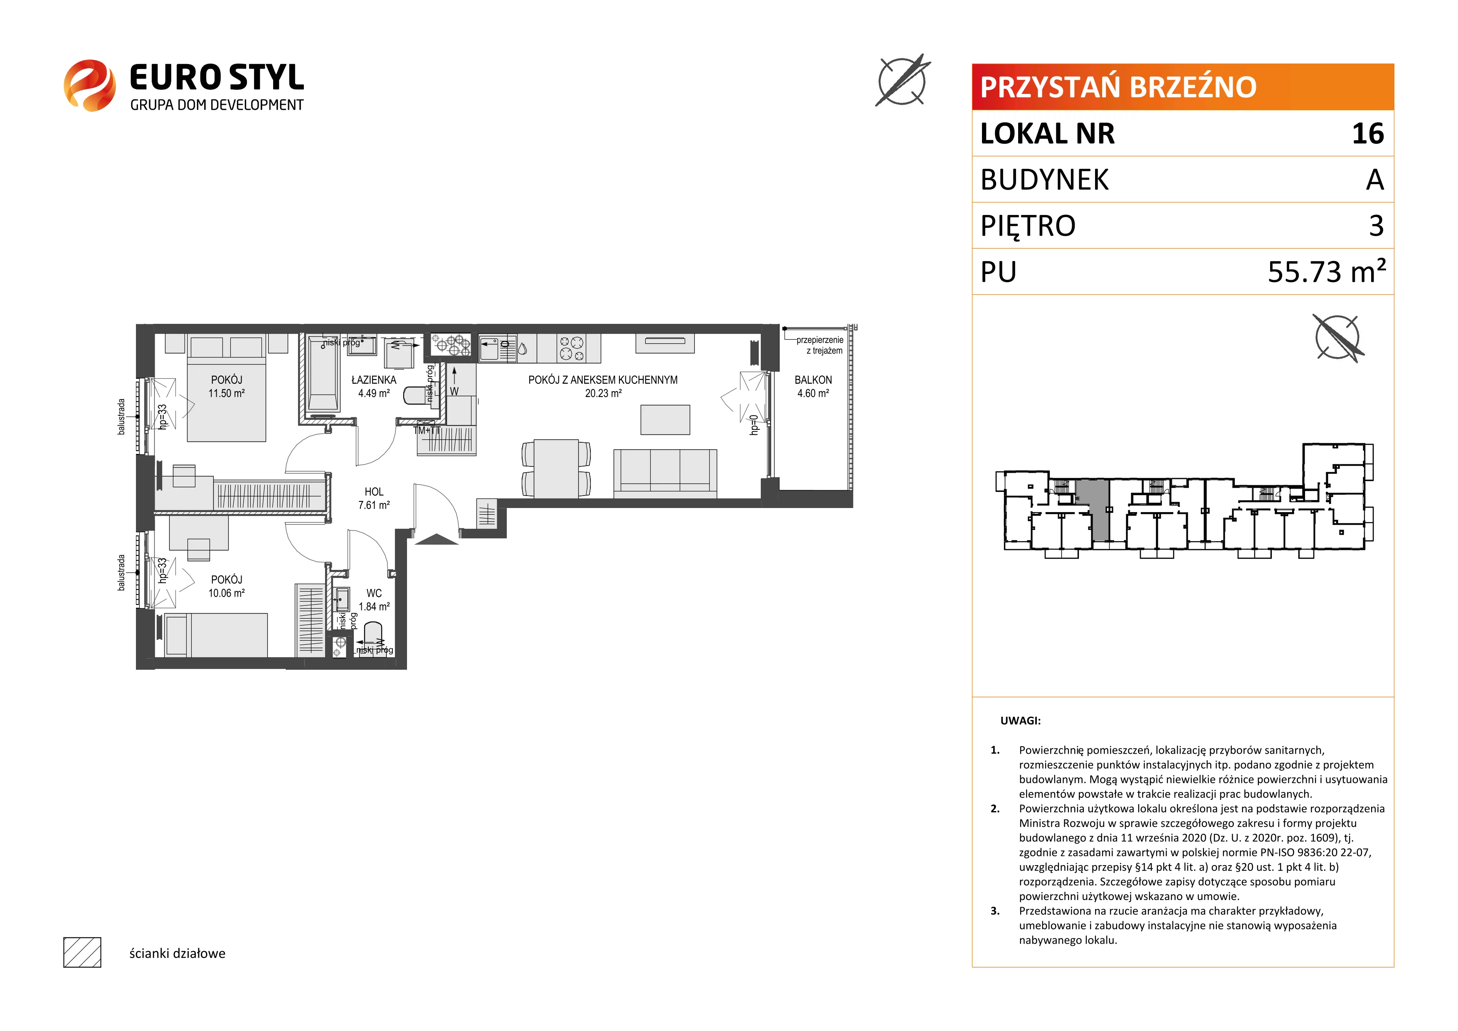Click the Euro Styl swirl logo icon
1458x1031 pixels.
click(89, 85)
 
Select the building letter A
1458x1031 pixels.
click(1375, 180)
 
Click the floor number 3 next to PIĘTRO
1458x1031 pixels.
click(1376, 225)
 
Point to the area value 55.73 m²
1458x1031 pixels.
click(1327, 271)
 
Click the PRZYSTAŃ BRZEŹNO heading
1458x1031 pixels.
click(1118, 87)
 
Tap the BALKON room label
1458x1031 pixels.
click(813, 380)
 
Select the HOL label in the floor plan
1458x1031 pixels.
click(374, 491)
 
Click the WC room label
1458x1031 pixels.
click(374, 593)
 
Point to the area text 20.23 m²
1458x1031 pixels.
click(603, 393)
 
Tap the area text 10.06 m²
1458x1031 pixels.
click(227, 593)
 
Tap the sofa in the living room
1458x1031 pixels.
click(665, 474)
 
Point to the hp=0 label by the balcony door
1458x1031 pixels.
click(754, 425)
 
